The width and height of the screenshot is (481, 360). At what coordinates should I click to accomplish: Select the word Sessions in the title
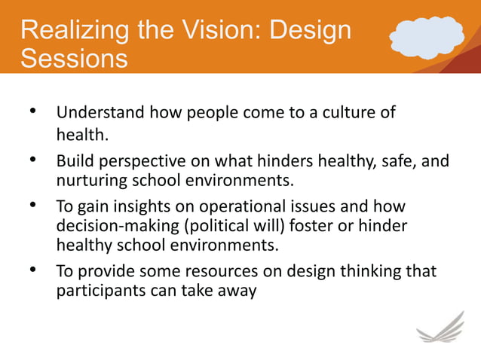(x=73, y=59)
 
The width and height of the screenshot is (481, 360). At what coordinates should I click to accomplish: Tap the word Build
(x=74, y=161)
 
